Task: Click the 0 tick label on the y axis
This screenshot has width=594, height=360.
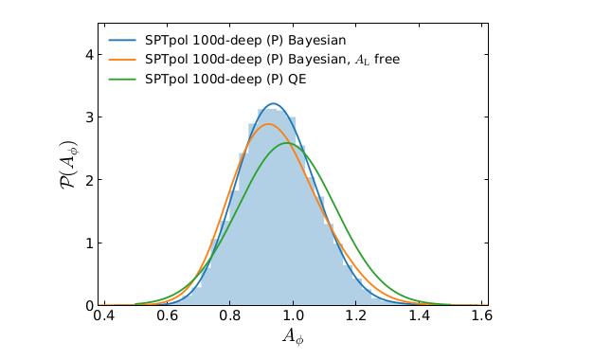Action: click(x=89, y=305)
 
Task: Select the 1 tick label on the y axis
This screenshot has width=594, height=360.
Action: click(x=89, y=243)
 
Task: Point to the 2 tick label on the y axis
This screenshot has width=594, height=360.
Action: click(x=89, y=180)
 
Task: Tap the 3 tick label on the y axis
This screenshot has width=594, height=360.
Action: click(x=89, y=117)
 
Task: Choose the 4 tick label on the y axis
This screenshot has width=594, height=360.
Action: click(x=89, y=55)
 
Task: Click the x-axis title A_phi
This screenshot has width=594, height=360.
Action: click(x=294, y=337)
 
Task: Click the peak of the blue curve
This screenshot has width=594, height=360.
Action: click(x=273, y=104)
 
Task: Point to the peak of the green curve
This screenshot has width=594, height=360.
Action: click(x=287, y=144)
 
